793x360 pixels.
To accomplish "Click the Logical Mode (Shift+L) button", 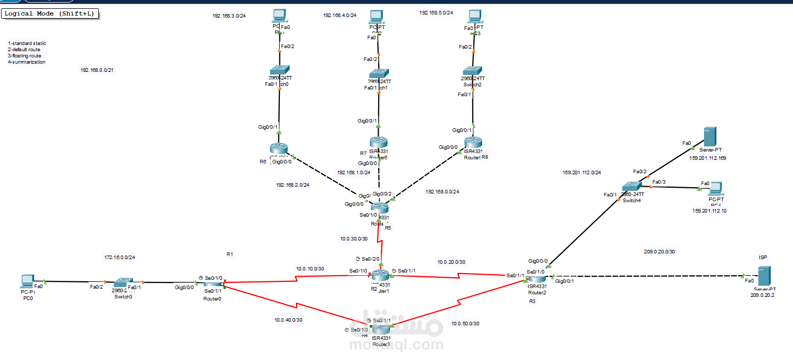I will tap(50, 13).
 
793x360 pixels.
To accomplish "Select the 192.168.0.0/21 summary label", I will tap(97, 70).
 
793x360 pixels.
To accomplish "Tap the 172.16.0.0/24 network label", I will tap(119, 257).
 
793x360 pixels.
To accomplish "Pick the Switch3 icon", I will tap(123, 283).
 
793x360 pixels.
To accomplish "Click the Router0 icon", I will tap(213, 283).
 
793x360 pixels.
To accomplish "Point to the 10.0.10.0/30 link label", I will tap(310, 268).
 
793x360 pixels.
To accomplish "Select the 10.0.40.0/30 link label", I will tap(288, 320).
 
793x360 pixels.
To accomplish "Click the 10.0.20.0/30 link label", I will tap(451, 262).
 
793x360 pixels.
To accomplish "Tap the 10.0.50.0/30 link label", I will tap(465, 323).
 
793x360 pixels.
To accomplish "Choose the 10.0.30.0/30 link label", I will tap(354, 238).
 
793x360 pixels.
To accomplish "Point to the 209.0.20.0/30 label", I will tap(659, 251).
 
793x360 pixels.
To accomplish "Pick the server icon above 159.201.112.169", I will tap(709, 137).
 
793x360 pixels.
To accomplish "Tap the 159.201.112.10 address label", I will tap(709, 211).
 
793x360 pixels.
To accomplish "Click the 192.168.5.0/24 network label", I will tap(436, 12).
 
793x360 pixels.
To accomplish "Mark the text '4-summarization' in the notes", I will tap(26, 62).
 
